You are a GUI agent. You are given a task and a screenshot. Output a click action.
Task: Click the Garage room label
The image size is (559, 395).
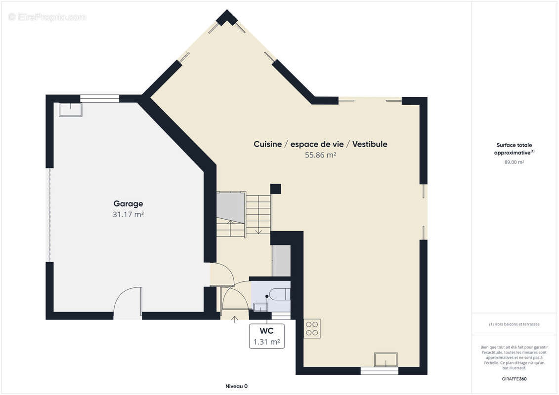tap(128, 204)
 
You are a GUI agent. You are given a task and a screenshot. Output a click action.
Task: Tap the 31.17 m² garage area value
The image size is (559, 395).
tap(128, 214)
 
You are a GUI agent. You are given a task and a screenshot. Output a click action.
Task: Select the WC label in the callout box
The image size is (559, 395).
tap(267, 331)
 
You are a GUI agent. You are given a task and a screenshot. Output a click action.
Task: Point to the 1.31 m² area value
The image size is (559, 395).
tap(267, 342)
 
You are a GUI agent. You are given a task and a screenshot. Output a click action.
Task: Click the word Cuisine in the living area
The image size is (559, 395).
tap(268, 144)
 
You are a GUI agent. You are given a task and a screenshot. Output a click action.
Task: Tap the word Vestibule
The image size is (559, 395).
tap(370, 144)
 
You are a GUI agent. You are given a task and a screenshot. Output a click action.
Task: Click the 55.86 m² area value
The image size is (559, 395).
tap(320, 155)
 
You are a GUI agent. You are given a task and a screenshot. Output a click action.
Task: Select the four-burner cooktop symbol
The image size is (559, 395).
tap(312, 328)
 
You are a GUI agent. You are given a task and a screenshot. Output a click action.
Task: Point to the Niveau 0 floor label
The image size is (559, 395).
tap(236, 386)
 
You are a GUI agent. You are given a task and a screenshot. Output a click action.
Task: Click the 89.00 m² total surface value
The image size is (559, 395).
tap(514, 162)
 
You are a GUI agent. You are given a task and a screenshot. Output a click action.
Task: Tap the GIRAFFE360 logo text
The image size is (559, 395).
tap(514, 379)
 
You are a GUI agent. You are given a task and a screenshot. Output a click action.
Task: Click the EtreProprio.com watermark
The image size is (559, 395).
tap(47, 17)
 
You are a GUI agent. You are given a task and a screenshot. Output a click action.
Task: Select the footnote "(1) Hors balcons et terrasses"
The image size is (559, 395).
tap(514, 324)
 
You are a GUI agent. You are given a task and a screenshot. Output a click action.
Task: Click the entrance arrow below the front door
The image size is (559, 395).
tap(235, 319)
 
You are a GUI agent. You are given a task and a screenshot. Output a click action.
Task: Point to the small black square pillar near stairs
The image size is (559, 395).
tap(276, 189)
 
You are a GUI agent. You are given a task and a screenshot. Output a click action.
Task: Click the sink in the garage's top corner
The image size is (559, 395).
tap(71, 110)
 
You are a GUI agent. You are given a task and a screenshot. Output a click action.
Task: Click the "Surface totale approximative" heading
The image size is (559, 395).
tap(514, 149)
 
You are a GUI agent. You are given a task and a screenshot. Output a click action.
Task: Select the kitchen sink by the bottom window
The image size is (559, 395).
tap(386, 360)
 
